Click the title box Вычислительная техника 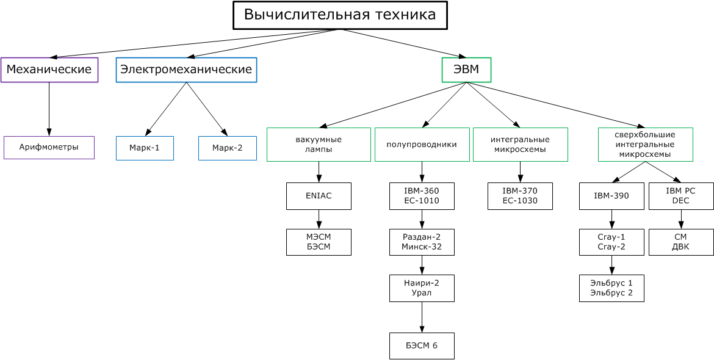[x=340, y=15]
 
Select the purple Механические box [x=49, y=70]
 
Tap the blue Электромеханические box [x=186, y=70]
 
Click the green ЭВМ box [x=466, y=70]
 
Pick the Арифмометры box [x=49, y=147]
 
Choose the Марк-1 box [x=145, y=148]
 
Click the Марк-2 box [x=227, y=148]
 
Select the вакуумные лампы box [x=319, y=144]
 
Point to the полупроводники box [x=422, y=144]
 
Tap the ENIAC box [x=319, y=196]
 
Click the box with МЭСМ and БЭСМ [x=319, y=242]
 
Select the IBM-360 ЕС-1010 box [x=422, y=196]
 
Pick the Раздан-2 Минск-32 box [x=422, y=242]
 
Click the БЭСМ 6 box [x=422, y=346]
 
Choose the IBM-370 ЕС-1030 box [x=520, y=196]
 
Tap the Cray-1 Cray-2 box [x=611, y=242]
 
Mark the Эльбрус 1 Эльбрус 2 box [x=611, y=288]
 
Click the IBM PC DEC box [x=680, y=196]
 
